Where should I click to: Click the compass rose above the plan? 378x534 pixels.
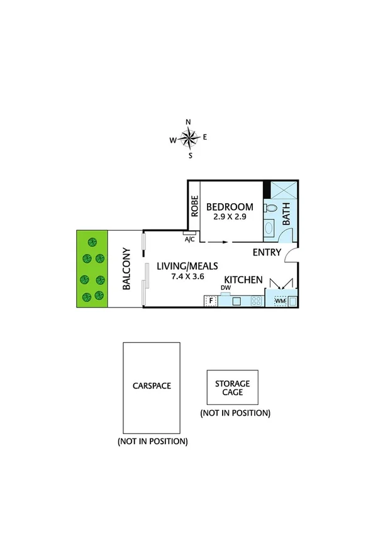click(x=189, y=137)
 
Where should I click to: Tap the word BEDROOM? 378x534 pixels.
click(x=230, y=206)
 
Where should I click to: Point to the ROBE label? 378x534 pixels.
click(x=195, y=206)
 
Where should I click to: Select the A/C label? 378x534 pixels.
click(x=189, y=240)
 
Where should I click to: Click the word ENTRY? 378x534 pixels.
click(x=267, y=253)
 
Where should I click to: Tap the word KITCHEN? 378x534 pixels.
click(x=243, y=281)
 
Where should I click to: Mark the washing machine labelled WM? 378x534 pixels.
click(x=281, y=301)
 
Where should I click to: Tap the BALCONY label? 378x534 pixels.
click(x=126, y=269)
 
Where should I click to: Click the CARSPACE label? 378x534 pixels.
click(x=151, y=386)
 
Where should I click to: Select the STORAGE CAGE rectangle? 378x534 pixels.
click(x=233, y=387)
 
